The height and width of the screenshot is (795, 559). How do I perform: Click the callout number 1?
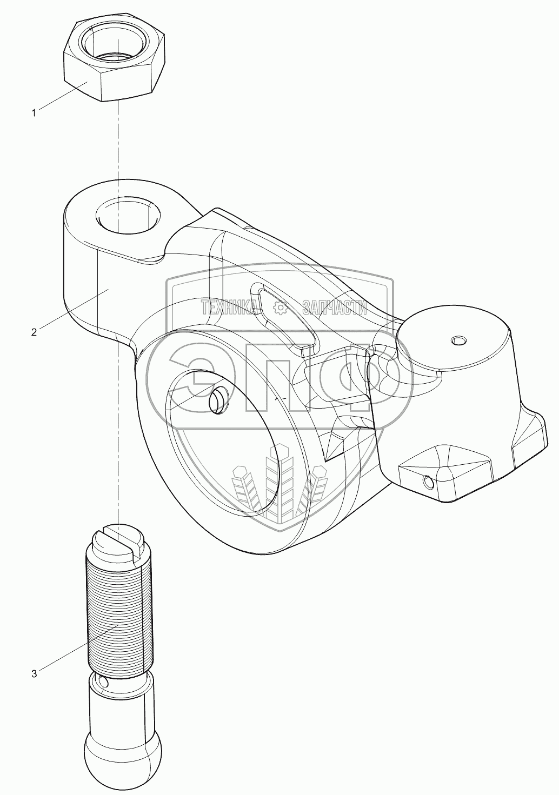coord(34,113)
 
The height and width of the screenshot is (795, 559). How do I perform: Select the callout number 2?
coord(34,332)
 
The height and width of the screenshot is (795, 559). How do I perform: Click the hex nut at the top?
coord(114,61)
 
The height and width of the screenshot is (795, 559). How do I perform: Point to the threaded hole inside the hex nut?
coord(115,43)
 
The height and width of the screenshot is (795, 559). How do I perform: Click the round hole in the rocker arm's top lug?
coord(128,216)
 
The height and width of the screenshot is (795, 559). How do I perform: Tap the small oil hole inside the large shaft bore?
coord(218,400)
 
